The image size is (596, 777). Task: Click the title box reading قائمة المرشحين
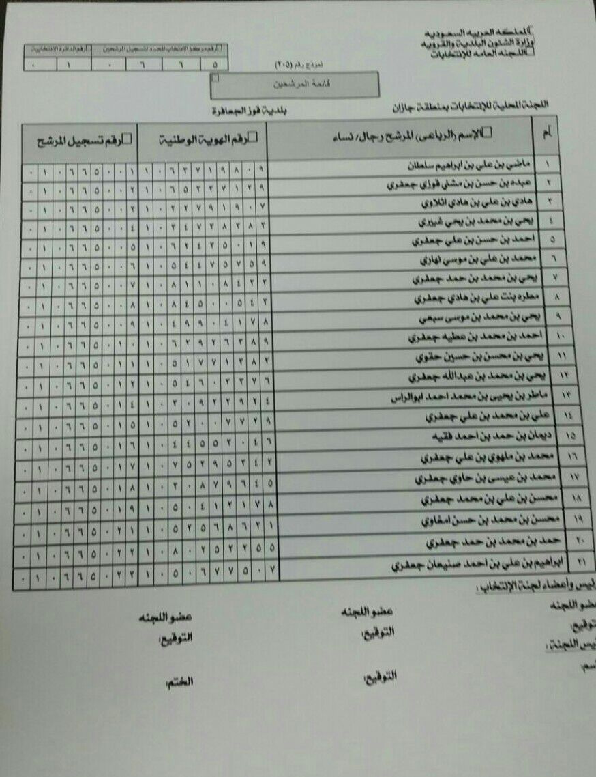coord(296,85)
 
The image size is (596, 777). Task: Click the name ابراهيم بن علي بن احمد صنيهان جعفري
coord(464,566)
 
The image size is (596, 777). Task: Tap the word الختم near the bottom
coord(179,681)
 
